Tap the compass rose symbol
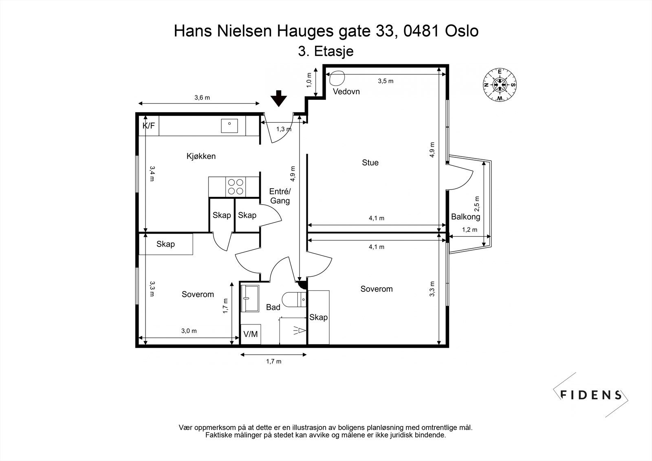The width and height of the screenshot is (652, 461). pos(500,85)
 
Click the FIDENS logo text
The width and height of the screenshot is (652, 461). pos(591,395)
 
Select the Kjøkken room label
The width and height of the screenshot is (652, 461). pos(201,156)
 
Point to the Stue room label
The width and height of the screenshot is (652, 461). pos(370,163)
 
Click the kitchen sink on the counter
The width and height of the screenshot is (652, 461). pos(230,126)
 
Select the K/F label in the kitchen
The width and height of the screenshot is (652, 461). pos(149,126)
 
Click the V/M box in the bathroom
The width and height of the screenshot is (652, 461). pos(251,334)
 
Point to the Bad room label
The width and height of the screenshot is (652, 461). pos(273,307)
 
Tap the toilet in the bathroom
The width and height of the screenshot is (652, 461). pos(295,300)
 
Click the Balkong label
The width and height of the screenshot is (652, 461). pos(465,217)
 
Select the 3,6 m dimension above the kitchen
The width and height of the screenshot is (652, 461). pos(202,97)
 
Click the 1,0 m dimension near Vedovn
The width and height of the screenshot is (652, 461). pos(309,80)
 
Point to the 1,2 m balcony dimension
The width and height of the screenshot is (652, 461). pos(469,230)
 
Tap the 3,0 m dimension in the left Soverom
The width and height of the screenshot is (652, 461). pos(189,331)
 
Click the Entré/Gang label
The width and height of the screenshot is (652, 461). pos(280,196)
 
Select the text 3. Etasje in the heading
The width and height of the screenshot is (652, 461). pos(326,51)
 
